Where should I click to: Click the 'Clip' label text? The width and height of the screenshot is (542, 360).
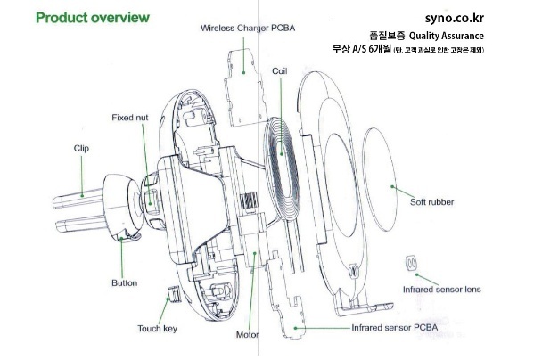click(81, 148)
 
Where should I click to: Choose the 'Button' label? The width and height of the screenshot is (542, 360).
click(124, 282)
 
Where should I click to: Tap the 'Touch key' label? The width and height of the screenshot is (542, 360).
click(158, 329)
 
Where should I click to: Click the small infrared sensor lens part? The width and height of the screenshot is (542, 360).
click(412, 264)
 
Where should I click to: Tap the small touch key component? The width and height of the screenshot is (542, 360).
click(175, 293)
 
